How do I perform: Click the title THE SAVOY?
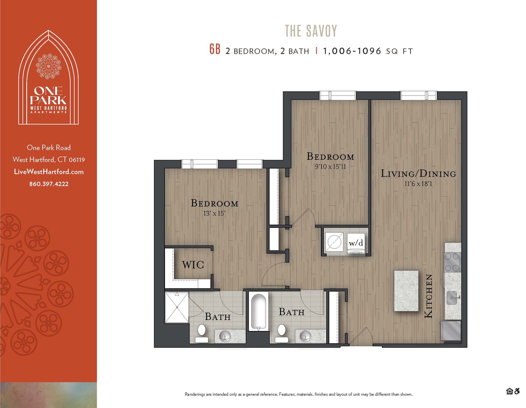pyautogui.click(x=311, y=31)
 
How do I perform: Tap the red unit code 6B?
pyautogui.click(x=215, y=49)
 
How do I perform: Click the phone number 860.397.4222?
pyautogui.click(x=49, y=184)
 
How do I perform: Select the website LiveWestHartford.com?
pyautogui.click(x=49, y=172)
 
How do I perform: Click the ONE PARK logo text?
pyautogui.click(x=48, y=96)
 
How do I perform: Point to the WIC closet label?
pyautogui.click(x=193, y=265)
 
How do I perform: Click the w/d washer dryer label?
pyautogui.click(x=356, y=243)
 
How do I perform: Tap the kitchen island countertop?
pyautogui.click(x=406, y=290)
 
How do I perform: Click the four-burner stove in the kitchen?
pyautogui.click(x=452, y=262)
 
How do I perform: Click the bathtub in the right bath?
pyautogui.click(x=258, y=312)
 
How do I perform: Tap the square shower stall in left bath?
pyautogui.click(x=177, y=307)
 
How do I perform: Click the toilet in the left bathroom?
pyautogui.click(x=202, y=333)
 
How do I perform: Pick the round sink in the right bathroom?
pyautogui.click(x=305, y=336)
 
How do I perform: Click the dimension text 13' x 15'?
pyautogui.click(x=214, y=213)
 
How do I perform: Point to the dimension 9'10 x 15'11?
pyautogui.click(x=330, y=167)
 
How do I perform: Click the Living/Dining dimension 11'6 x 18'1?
pyautogui.click(x=418, y=184)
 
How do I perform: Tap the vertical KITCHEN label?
pyautogui.click(x=428, y=296)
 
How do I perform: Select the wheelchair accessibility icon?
pyautogui.click(x=517, y=391)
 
